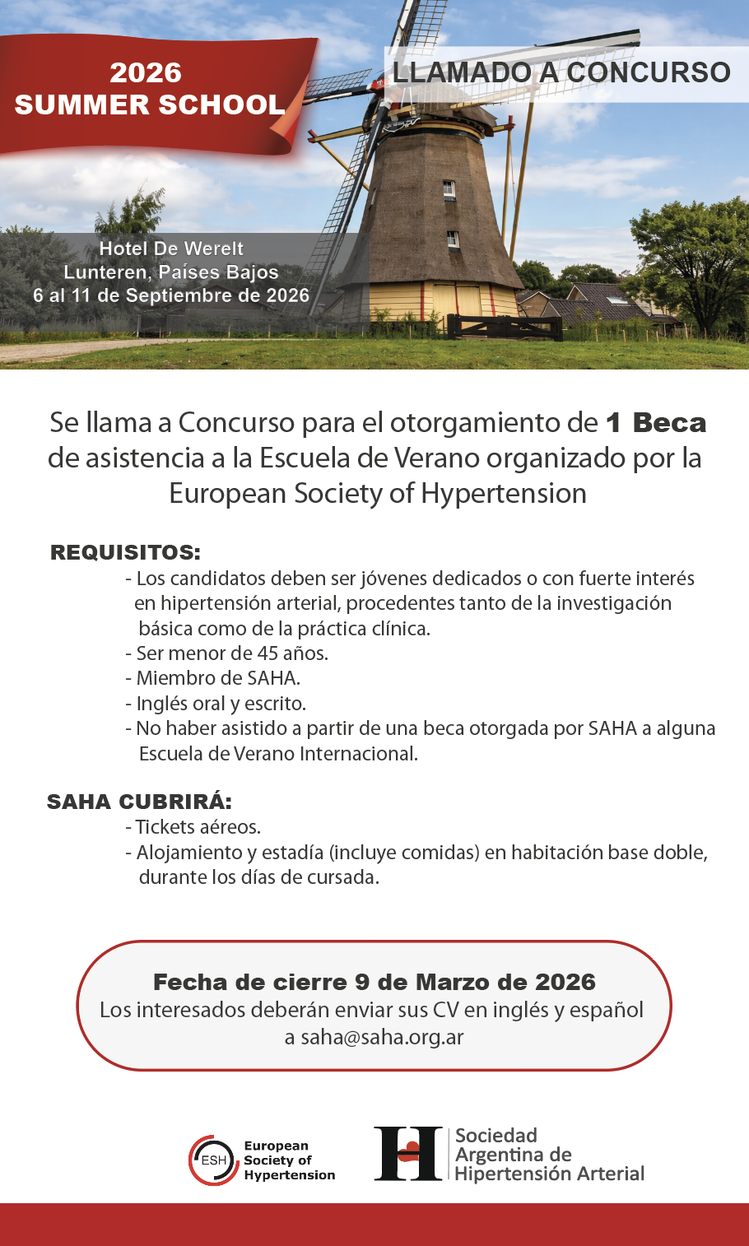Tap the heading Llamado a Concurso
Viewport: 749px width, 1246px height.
pos(561,72)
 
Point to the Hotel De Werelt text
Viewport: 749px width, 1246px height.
pos(171,249)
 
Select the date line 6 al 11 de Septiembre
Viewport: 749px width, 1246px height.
pos(171,295)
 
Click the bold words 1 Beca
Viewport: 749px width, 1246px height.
pos(656,422)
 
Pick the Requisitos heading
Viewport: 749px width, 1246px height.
pos(125,552)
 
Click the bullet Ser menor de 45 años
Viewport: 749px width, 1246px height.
pos(227,653)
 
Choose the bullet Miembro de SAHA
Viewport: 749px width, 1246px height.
pos(213,678)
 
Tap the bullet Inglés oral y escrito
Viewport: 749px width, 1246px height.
pos(216,704)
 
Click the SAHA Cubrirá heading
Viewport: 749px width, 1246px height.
pos(139,802)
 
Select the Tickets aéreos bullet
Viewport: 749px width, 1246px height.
pos(193,827)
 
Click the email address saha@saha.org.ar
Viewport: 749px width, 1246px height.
pos(383,1037)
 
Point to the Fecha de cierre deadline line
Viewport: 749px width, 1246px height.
pos(374,982)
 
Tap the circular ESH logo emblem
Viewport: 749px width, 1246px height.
pos(213,1160)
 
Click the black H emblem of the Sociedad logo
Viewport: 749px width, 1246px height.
pos(408,1154)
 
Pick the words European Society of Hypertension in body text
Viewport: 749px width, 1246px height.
pos(378,493)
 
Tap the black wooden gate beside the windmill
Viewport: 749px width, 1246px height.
pos(505,327)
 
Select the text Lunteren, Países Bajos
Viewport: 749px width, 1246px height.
pos(171,272)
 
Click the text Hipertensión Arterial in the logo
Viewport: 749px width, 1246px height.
pos(550,1174)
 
